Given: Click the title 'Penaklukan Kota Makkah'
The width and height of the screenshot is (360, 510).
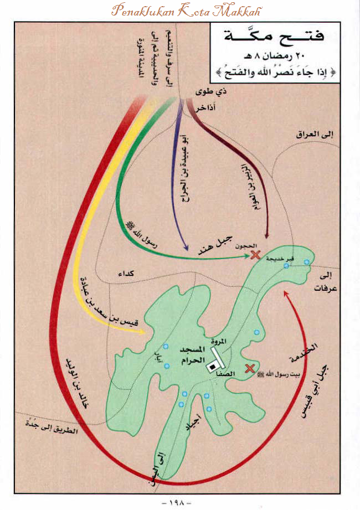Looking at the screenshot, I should coord(179,10).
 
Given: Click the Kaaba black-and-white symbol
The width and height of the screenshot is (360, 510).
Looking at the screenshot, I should coord(213,366).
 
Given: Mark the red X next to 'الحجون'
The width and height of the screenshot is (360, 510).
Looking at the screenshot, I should coord(255,255).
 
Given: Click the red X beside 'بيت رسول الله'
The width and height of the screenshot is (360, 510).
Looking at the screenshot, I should coord(250,369).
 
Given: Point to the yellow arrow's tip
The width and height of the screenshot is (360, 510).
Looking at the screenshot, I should coord(145,332).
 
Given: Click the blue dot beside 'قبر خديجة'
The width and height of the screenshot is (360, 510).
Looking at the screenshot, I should coord(286,266).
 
